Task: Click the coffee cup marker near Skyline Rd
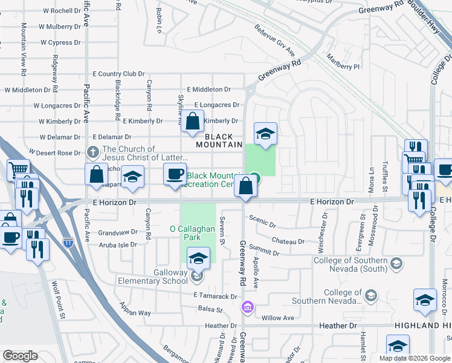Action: coord(175,174)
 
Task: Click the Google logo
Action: coord(21,356)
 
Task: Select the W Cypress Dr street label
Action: coord(60,43)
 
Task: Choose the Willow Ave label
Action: coord(277,318)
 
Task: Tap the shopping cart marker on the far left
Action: coord(19,170)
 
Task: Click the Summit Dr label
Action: coord(267,250)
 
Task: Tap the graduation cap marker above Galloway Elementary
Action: coord(198,259)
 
